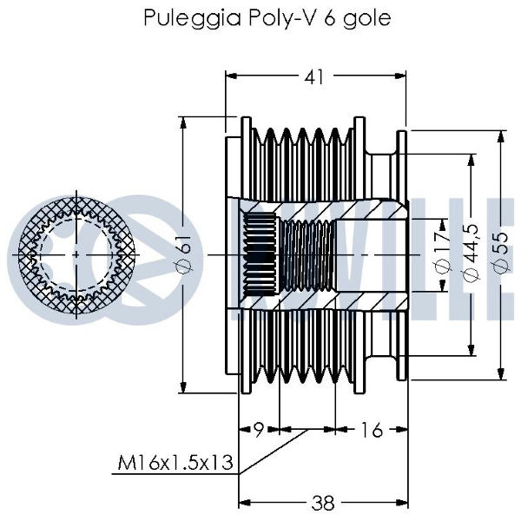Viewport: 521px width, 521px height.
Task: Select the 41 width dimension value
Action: [x=314, y=76]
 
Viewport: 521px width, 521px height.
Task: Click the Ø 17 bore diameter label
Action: [x=442, y=253]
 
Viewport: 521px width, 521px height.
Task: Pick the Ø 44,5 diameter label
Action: [x=472, y=253]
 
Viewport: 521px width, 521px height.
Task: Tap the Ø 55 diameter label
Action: [x=501, y=253]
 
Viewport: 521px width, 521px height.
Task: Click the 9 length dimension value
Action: [x=258, y=429]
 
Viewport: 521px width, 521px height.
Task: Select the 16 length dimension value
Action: [x=371, y=429]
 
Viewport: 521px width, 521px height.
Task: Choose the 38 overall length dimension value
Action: [x=323, y=502]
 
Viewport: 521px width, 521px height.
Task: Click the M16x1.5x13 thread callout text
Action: [x=177, y=464]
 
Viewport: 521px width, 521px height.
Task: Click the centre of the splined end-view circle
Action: [x=77, y=253]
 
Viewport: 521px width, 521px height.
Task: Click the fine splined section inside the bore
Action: [x=259, y=253]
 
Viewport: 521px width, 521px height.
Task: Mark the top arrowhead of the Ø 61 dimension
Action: [x=184, y=121]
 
